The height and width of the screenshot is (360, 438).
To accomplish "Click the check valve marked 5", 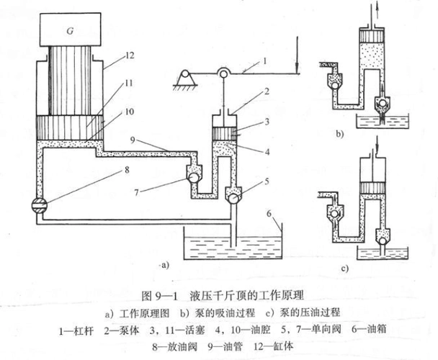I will tap(233, 194).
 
